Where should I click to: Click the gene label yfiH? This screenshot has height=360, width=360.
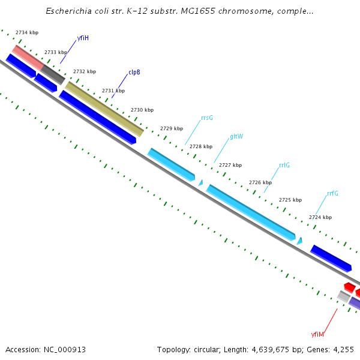pyautogui.click(x=83, y=38)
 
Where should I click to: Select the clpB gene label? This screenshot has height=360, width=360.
pyautogui.click(x=134, y=72)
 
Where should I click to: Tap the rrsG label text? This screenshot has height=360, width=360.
pyautogui.click(x=207, y=118)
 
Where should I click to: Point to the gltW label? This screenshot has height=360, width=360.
pyautogui.click(x=236, y=136)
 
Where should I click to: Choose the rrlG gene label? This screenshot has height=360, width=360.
pyautogui.click(x=284, y=165)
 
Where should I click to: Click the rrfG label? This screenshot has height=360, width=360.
pyautogui.click(x=332, y=193)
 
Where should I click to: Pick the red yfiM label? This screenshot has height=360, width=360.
pyautogui.click(x=317, y=334)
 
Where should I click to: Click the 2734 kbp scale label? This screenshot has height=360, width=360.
pyautogui.click(x=27, y=32)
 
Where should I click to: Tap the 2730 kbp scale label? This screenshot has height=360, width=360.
pyautogui.click(x=142, y=110)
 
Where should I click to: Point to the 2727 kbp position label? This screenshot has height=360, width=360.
pyautogui.click(x=230, y=165)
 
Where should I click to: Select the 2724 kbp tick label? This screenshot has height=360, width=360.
pyautogui.click(x=320, y=217)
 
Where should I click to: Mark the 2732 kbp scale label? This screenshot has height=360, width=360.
pyautogui.click(x=85, y=71)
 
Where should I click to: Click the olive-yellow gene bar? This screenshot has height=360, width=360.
pyautogui.click(x=104, y=109)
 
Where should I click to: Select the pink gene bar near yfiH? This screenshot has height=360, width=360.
pyautogui.click(x=28, y=57)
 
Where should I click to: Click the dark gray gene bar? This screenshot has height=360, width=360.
pyautogui.click(x=53, y=74)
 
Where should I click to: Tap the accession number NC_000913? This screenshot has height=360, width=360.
pyautogui.click(x=59, y=349)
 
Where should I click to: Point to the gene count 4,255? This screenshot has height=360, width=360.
pyautogui.click(x=344, y=349)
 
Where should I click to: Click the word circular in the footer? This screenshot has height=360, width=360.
pyautogui.click(x=207, y=349)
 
